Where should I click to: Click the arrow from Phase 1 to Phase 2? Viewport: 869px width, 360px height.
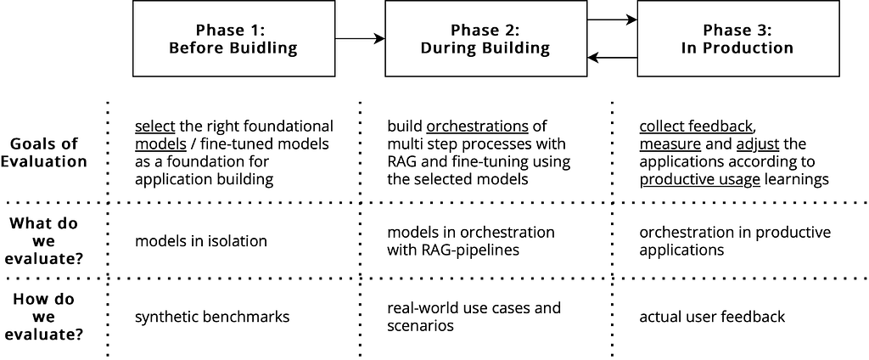[x=360, y=38]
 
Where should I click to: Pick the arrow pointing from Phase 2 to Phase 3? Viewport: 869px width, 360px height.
[x=612, y=20]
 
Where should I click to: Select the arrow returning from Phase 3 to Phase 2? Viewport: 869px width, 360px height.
[x=612, y=57]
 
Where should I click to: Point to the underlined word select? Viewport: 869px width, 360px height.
[x=155, y=126]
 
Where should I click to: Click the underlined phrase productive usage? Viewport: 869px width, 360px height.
[x=700, y=180]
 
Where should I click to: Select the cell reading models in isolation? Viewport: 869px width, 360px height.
[x=201, y=241]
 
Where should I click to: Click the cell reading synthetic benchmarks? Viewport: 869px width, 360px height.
[x=212, y=318]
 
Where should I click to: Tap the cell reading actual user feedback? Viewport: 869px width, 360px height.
[x=712, y=318]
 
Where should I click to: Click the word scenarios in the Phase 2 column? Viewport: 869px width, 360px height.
[x=421, y=325]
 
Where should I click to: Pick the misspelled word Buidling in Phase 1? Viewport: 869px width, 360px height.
[x=264, y=48]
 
